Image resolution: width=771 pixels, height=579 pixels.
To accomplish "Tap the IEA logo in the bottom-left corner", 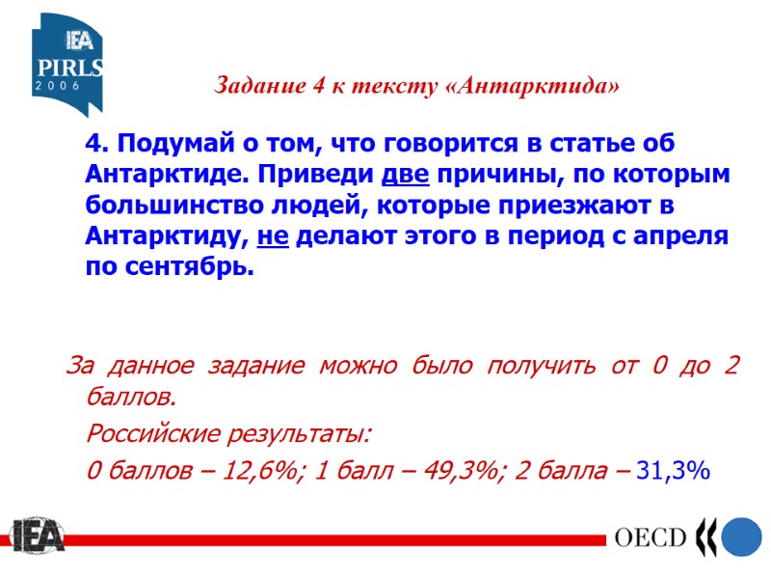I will tap(37, 537).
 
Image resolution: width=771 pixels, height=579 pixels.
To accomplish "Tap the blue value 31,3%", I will tap(674, 471).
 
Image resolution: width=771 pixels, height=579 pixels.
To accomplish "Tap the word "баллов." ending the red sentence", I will tap(132, 398).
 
